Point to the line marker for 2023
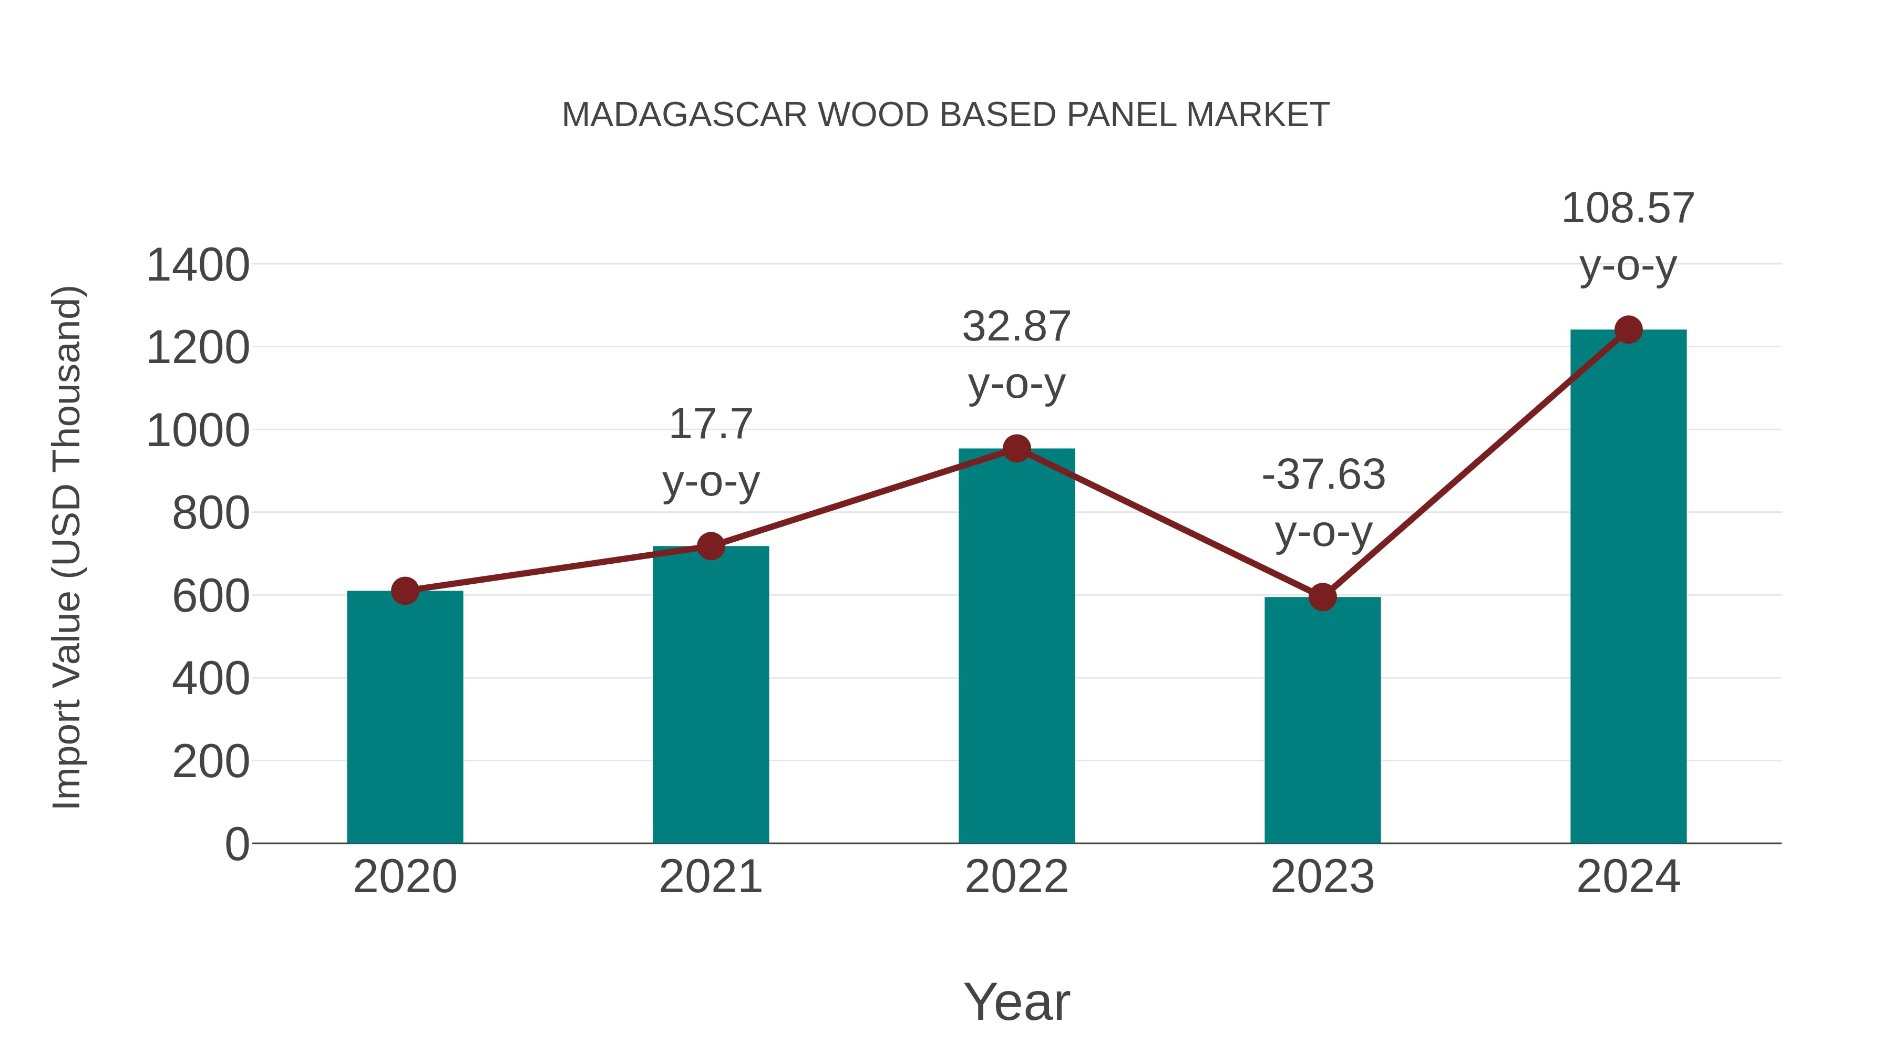(x=1322, y=597)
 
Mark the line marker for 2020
(x=405, y=591)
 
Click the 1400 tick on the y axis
(x=198, y=265)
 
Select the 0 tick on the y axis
(x=236, y=844)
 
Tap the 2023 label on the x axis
(x=1322, y=877)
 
